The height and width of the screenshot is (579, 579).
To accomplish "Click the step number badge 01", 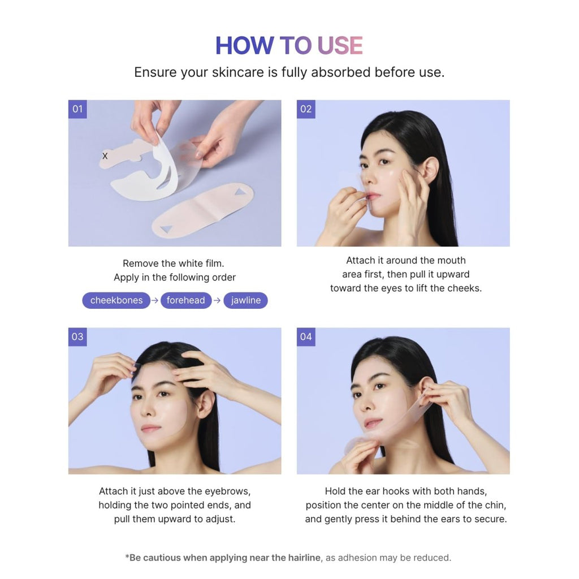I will pyautogui.click(x=77, y=109).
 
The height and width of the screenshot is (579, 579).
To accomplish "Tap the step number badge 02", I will pyautogui.click(x=306, y=109).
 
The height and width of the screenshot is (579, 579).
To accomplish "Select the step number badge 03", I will pyautogui.click(x=77, y=337).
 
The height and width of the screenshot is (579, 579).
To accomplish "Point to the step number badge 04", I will pyautogui.click(x=306, y=337).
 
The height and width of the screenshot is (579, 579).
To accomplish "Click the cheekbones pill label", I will pyautogui.click(x=116, y=300).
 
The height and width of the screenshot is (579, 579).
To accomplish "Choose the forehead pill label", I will pyautogui.click(x=185, y=300).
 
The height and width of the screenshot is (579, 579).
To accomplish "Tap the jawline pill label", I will pyautogui.click(x=246, y=300).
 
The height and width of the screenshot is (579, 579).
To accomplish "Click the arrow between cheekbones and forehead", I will pyautogui.click(x=155, y=300).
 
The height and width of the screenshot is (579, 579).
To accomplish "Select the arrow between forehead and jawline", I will pyautogui.click(x=217, y=300).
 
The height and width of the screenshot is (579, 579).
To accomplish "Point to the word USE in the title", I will pyautogui.click(x=339, y=46).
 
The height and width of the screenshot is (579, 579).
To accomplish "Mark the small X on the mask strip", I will pyautogui.click(x=105, y=155).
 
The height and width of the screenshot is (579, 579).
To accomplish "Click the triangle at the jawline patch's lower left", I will pyautogui.click(x=166, y=229).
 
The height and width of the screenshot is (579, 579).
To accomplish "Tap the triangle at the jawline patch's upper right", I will pyautogui.click(x=240, y=192).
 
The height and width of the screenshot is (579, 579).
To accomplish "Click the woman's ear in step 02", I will pyautogui.click(x=430, y=170).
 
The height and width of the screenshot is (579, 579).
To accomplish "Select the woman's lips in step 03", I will pyautogui.click(x=150, y=429).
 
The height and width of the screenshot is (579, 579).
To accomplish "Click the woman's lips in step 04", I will pyautogui.click(x=373, y=423).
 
